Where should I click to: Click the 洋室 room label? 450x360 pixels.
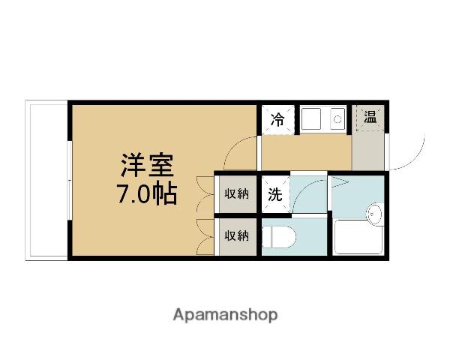click(x=147, y=166)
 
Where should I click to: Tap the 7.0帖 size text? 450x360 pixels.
click(x=146, y=193)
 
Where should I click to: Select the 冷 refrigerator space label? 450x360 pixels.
click(x=277, y=119)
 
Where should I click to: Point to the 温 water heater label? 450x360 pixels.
click(x=370, y=116)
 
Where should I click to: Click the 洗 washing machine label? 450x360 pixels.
click(x=275, y=194)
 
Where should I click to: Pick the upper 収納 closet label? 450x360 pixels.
click(x=237, y=194)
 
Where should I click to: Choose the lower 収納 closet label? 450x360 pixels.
click(x=237, y=236)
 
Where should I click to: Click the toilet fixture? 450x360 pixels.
click(x=279, y=237)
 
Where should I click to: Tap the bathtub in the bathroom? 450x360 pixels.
click(x=359, y=237)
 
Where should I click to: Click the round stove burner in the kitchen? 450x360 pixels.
click(x=337, y=119)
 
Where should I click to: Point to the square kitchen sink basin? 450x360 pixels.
click(x=311, y=119)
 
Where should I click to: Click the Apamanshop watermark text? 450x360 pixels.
click(x=226, y=315)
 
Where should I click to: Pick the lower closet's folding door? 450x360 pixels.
click(x=205, y=237)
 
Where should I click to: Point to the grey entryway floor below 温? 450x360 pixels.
click(x=368, y=151)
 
